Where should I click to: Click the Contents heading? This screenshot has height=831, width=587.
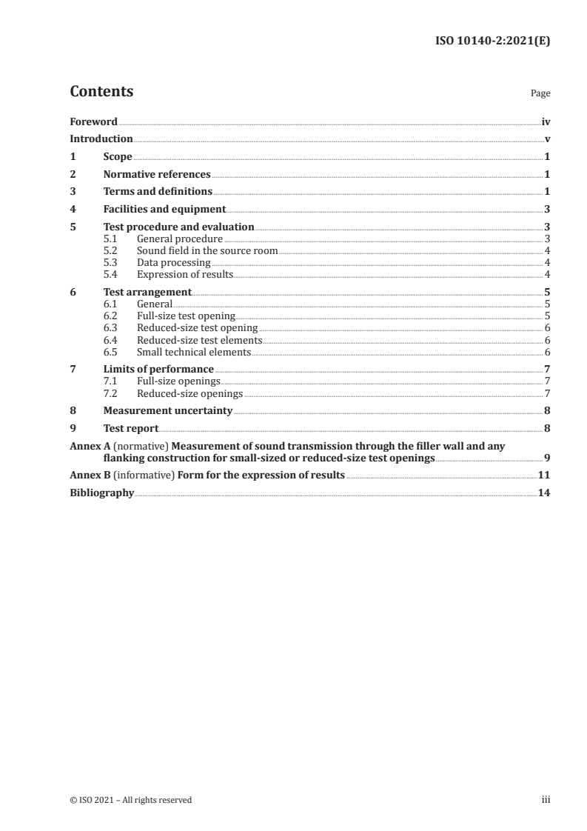pyautogui.click(x=101, y=92)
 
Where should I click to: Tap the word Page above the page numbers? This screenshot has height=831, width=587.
pyautogui.click(x=540, y=94)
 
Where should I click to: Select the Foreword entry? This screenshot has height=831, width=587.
pyautogui.click(x=93, y=121)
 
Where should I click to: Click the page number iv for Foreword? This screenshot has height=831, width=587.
pyautogui.click(x=546, y=121)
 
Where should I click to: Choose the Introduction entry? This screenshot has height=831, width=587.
pyautogui.click(x=101, y=138)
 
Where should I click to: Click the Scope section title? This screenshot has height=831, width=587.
pyautogui.click(x=118, y=156)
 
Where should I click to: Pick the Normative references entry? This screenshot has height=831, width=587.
pyautogui.click(x=157, y=174)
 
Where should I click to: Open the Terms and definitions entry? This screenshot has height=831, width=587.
pyautogui.click(x=158, y=192)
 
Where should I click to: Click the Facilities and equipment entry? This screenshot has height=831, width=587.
pyautogui.click(x=164, y=210)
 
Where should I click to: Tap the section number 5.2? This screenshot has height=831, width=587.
pyautogui.click(x=110, y=250)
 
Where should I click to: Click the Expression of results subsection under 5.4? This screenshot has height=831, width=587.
pyautogui.click(x=185, y=274)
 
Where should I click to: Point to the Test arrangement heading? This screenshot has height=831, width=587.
pyautogui.click(x=147, y=292)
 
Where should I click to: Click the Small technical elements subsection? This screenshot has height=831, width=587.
pyautogui.click(x=194, y=352)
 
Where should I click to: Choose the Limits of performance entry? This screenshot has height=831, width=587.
pyautogui.click(x=158, y=369)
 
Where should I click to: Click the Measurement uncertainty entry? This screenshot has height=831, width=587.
pyautogui.click(x=168, y=410)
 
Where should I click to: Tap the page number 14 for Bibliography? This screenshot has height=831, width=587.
pyautogui.click(x=544, y=493)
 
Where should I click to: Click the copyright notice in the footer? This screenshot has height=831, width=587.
pyautogui.click(x=131, y=799)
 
